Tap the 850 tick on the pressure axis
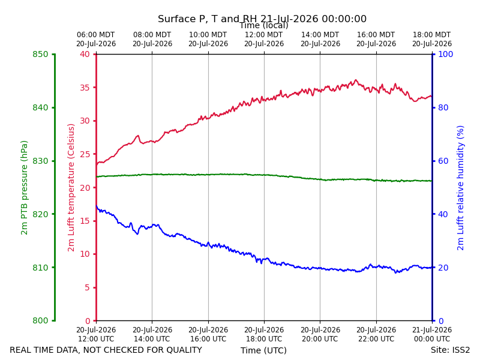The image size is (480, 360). tap(40, 54)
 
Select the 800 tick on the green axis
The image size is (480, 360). tap(40, 320)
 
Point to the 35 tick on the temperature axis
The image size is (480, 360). tap(85, 88)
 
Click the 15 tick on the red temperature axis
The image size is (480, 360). tap(85, 221)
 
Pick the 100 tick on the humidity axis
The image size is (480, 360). tap(446, 54)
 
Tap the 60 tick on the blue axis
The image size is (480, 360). tap(443, 161)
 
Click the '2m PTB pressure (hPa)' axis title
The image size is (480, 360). tap(24, 188)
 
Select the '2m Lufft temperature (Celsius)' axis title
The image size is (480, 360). tap(71, 188)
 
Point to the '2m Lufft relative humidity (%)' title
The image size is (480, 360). tap(460, 188)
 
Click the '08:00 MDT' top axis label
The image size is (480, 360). tap(152, 35)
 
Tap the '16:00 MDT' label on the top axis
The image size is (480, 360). tap(376, 35)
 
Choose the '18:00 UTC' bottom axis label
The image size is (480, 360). tap(264, 339)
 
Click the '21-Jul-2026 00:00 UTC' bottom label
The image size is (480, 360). tap(432, 334)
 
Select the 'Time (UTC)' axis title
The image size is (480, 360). tap(263, 350)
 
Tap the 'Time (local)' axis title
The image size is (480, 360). tap(264, 25)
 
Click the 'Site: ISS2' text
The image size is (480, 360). tap(450, 350)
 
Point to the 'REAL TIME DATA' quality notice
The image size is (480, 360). tap(106, 350)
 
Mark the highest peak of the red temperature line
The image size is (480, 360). tap(355, 80)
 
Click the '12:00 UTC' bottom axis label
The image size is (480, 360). tap(96, 339)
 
